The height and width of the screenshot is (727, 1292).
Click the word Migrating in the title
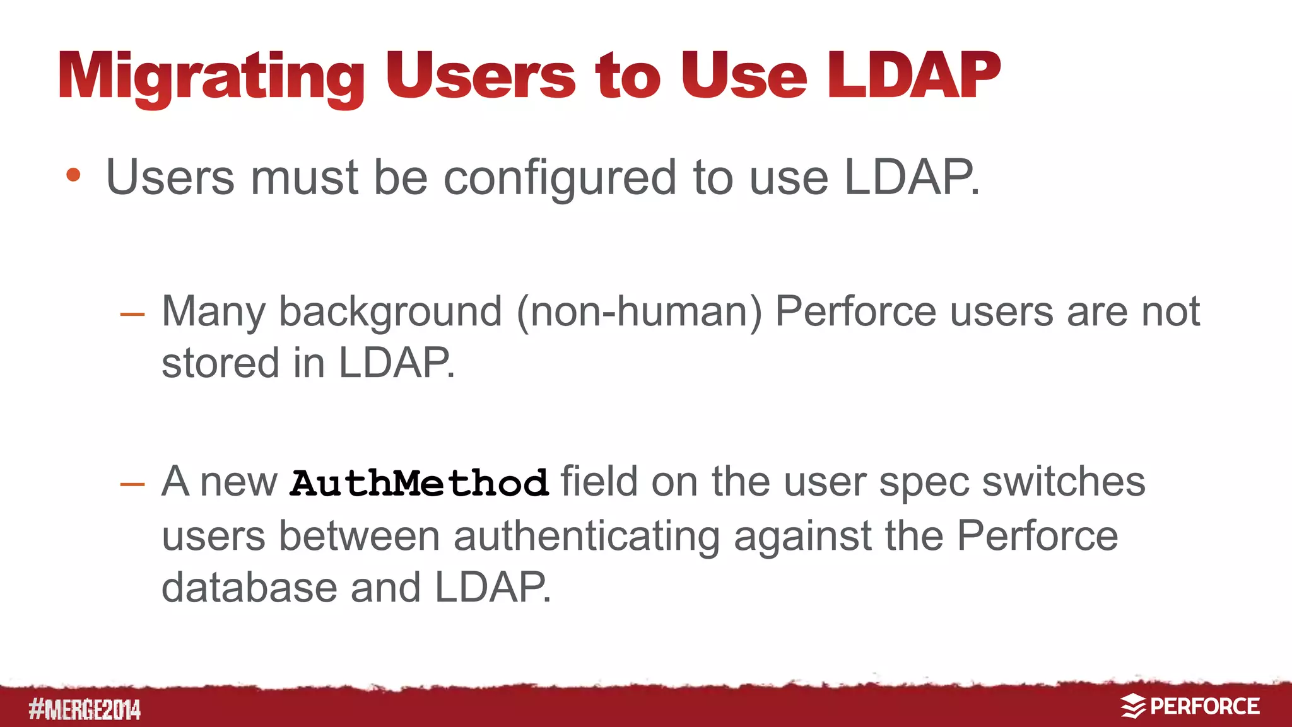pyautogui.click(x=211, y=77)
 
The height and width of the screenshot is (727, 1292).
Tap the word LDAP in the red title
pyautogui.click(x=913, y=76)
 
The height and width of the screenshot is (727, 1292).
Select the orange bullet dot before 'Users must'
pyautogui.click(x=73, y=175)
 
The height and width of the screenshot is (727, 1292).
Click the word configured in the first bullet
pyautogui.click(x=561, y=178)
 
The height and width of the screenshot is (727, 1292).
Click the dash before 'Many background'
pyautogui.click(x=132, y=313)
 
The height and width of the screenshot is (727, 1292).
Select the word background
pyautogui.click(x=391, y=312)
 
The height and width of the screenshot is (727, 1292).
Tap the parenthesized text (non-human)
pyautogui.click(x=639, y=312)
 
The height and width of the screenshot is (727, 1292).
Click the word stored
pyautogui.click(x=220, y=363)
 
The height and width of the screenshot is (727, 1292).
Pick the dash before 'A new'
pyautogui.click(x=132, y=484)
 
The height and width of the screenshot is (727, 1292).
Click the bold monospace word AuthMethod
pyautogui.click(x=419, y=483)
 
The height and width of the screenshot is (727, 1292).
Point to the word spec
pyautogui.click(x=924, y=483)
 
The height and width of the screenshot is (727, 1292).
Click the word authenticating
pyautogui.click(x=586, y=537)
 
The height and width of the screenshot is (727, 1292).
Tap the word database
pyautogui.click(x=249, y=588)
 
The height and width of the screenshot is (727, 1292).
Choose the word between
pyautogui.click(x=359, y=536)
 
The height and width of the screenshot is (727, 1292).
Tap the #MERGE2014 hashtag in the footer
pyautogui.click(x=85, y=709)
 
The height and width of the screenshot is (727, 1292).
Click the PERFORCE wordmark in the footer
pyautogui.click(x=1204, y=706)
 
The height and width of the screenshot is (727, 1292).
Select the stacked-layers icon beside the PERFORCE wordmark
pyautogui.click(x=1132, y=706)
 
